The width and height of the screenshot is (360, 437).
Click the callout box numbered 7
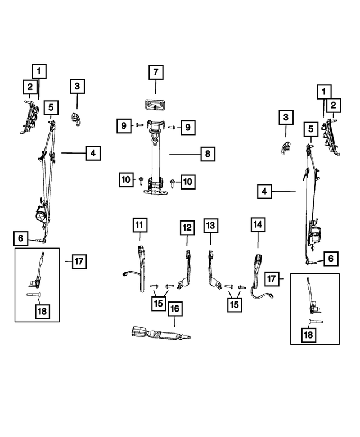point(156,73)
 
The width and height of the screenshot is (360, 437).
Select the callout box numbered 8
point(208,154)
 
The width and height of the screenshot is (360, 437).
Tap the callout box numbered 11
point(139,225)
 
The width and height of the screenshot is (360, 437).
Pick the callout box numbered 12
point(187,228)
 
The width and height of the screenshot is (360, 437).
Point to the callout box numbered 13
point(210,226)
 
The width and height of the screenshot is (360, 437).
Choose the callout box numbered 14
point(258,224)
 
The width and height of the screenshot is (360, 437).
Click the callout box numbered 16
point(175,309)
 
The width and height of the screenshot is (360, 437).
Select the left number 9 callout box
point(124,125)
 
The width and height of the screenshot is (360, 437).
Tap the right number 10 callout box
point(188,182)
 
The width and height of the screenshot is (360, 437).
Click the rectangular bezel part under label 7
point(155,105)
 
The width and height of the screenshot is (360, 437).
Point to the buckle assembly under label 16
point(161,334)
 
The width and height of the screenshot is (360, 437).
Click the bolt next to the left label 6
point(40,241)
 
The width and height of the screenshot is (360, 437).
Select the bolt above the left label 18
point(34,294)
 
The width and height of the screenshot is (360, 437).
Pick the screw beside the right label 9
point(172,127)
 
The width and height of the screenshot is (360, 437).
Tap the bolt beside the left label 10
point(141,181)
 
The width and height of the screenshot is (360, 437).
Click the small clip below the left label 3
point(76,120)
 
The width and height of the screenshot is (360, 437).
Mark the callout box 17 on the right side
point(272,278)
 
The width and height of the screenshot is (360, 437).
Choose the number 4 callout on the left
point(93,153)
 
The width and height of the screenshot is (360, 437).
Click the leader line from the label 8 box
point(185,154)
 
